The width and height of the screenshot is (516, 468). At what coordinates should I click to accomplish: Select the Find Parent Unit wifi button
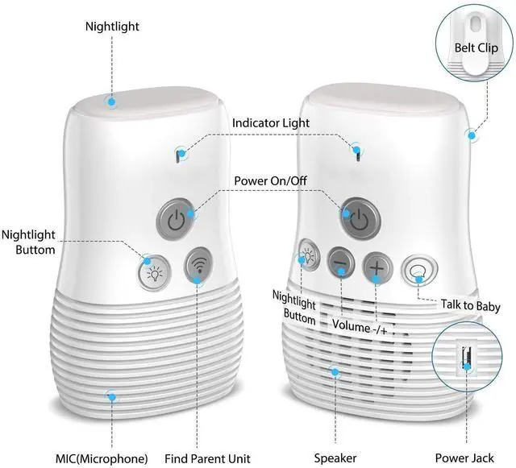point(198,266)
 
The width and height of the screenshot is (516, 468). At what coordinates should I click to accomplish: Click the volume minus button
point(340,263)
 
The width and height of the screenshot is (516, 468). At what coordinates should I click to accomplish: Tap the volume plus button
point(377,264)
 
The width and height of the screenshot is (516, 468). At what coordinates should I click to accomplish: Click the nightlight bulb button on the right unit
point(307,257)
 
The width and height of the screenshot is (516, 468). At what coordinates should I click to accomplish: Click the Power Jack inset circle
point(465,354)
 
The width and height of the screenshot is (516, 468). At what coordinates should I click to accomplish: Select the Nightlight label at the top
point(112,27)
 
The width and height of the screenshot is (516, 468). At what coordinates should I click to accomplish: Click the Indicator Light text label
point(270,123)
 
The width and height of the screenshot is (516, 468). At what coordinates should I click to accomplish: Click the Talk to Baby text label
point(469,306)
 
